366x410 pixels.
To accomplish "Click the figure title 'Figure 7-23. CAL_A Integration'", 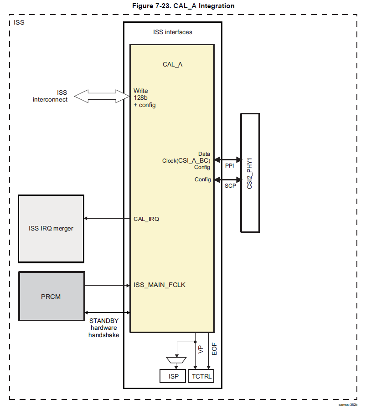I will click(x=183, y=5).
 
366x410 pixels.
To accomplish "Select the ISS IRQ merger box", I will click(x=51, y=229).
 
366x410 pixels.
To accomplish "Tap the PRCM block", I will click(x=52, y=297).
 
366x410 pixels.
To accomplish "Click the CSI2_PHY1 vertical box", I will click(x=250, y=173).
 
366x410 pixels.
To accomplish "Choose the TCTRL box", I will click(x=201, y=377).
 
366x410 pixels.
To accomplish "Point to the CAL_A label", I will click(x=172, y=64).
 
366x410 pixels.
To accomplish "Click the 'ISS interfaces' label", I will click(x=172, y=32).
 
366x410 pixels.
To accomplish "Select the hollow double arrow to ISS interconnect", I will click(x=102, y=96).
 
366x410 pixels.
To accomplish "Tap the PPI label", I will click(x=229, y=166).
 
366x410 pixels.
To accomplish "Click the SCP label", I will click(x=230, y=186).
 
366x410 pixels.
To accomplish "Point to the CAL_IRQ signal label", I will click(x=146, y=219).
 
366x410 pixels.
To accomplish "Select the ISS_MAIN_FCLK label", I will click(x=160, y=285).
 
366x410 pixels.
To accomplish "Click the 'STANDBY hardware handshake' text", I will click(x=104, y=328).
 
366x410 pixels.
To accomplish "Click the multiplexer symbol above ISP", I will click(x=175, y=360).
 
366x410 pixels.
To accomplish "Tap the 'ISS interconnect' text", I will click(x=50, y=96).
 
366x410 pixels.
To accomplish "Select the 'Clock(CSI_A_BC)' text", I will click(x=186, y=160).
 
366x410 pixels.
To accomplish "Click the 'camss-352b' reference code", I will click(x=348, y=405).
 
